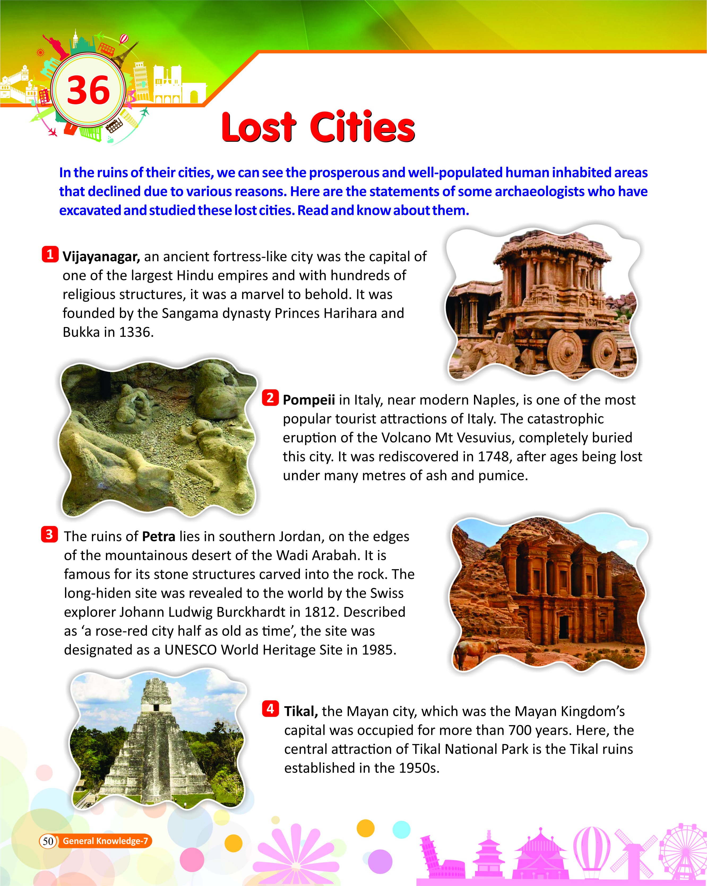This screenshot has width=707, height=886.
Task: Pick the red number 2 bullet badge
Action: pyautogui.click(x=270, y=398)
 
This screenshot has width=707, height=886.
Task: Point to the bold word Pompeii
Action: pyautogui.click(x=309, y=400)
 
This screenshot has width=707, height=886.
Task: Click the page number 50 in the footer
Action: pyautogui.click(x=48, y=841)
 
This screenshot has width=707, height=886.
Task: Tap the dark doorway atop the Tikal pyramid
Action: pyautogui.click(x=156, y=707)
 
